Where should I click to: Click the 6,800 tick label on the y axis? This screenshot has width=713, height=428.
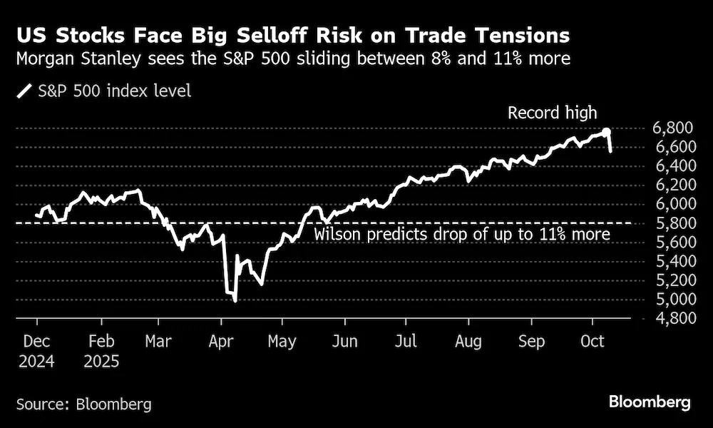[x=674, y=128]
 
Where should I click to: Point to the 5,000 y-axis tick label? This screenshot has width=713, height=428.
[x=674, y=300]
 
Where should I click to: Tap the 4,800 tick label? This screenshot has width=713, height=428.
[x=674, y=318]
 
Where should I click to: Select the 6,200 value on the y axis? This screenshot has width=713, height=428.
[x=674, y=185]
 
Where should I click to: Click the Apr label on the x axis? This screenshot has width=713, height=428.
[x=221, y=342]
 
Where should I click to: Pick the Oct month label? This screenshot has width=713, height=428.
[x=593, y=341]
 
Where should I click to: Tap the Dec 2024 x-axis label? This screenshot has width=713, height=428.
[x=36, y=351]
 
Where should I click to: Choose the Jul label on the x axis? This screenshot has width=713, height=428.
[x=406, y=341]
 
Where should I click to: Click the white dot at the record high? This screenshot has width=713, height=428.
[x=606, y=132]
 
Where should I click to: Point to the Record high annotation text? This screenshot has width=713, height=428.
[x=552, y=113]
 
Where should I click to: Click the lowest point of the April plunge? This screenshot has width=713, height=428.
[x=235, y=300]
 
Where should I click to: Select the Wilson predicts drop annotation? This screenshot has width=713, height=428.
[x=462, y=234]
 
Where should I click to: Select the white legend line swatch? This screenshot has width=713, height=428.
[x=24, y=91]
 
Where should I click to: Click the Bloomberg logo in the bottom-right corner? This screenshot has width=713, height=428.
[x=650, y=402]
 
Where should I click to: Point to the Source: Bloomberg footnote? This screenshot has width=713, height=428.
[x=84, y=404]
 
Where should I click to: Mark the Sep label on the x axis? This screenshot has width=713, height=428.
[x=531, y=342]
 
